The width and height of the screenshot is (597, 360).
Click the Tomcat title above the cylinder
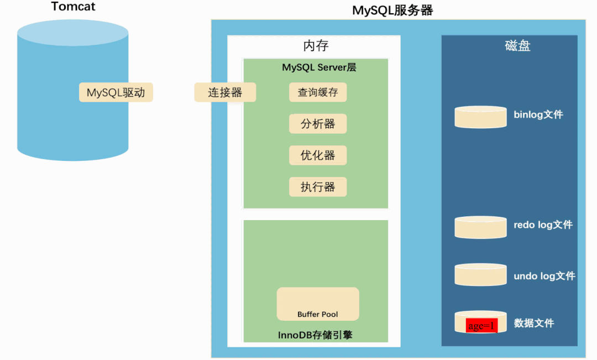coord(74,7)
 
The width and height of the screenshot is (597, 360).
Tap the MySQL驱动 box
coord(116,92)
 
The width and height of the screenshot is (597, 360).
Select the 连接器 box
coord(225,92)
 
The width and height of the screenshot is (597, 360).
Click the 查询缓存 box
coord(318,92)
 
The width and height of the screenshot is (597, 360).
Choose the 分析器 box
coord(318,124)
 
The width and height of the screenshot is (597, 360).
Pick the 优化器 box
coord(318,155)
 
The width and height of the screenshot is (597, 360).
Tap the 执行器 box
coord(318,187)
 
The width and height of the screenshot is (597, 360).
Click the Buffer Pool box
coord(318,304)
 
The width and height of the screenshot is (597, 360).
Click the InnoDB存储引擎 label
coord(316,335)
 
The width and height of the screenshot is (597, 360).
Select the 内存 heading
coord(316,46)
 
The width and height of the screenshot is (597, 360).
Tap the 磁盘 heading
coord(517,46)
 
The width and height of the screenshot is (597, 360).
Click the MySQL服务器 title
coord(392,11)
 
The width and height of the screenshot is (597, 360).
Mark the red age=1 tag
coord(481,326)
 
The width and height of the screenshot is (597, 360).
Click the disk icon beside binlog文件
coord(480,117)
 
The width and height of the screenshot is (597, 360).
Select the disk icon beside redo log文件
coord(480,227)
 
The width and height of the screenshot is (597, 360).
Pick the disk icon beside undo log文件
coord(480,275)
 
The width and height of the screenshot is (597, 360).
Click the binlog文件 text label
coord(538,114)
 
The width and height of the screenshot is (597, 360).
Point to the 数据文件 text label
coord(533,323)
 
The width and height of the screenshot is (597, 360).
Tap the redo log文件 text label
coord(543,225)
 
